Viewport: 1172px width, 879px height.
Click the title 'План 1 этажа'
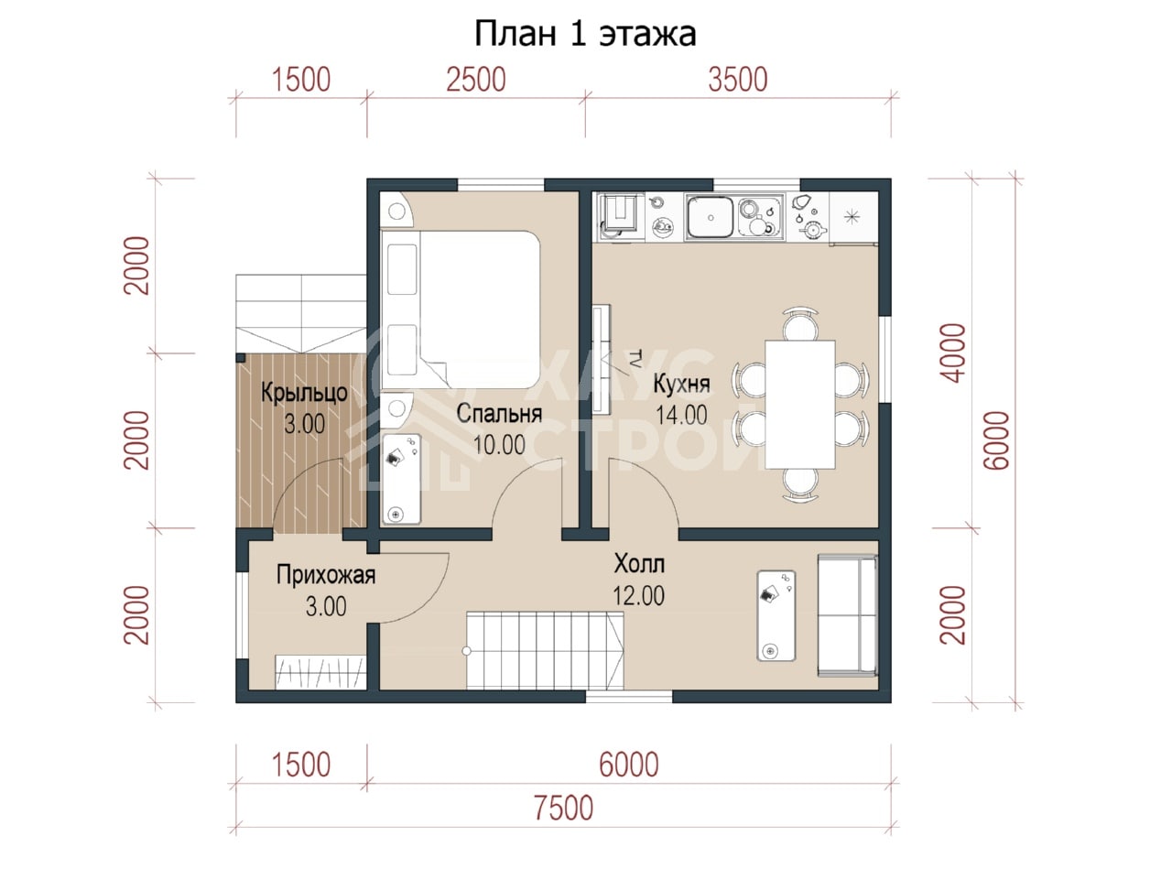pyautogui.click(x=585, y=34)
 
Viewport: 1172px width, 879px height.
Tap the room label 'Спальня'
pyautogui.click(x=499, y=414)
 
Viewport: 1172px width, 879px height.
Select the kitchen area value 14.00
pyautogui.click(x=681, y=415)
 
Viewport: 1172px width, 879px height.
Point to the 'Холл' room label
pyautogui.click(x=639, y=564)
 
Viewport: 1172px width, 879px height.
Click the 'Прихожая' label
pyautogui.click(x=326, y=575)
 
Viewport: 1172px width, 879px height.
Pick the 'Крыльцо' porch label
pyautogui.click(x=304, y=394)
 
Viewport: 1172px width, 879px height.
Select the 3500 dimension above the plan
pyautogui.click(x=738, y=80)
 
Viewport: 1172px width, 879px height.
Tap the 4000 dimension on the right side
pyautogui.click(x=953, y=353)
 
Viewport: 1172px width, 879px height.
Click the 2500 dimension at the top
pyautogui.click(x=476, y=80)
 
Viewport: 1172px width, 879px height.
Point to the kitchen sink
pyautogui.click(x=710, y=217)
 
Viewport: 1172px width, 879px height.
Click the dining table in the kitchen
pyautogui.click(x=800, y=405)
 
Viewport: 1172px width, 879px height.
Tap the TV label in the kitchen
pyautogui.click(x=635, y=358)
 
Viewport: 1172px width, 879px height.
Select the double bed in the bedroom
pyautogui.click(x=461, y=309)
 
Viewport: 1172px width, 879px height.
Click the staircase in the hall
pyautogui.click(x=545, y=651)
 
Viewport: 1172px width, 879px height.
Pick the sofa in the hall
pyautogui.click(x=848, y=616)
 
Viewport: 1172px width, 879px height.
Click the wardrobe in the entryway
pyautogui.click(x=320, y=672)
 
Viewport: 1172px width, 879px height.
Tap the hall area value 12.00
pyautogui.click(x=638, y=596)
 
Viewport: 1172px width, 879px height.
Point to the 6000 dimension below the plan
pyautogui.click(x=628, y=765)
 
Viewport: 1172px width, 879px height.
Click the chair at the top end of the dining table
pyautogui.click(x=800, y=324)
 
